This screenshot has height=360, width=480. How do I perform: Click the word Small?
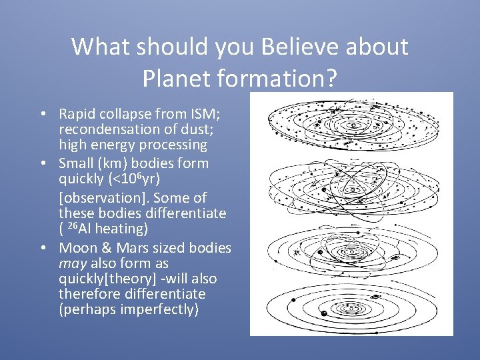pos(78,163)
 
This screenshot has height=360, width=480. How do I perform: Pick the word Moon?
pos(79,248)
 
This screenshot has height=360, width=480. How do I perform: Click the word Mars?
pos(127,248)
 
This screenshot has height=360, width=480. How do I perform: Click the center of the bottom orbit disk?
pos(348,308)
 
